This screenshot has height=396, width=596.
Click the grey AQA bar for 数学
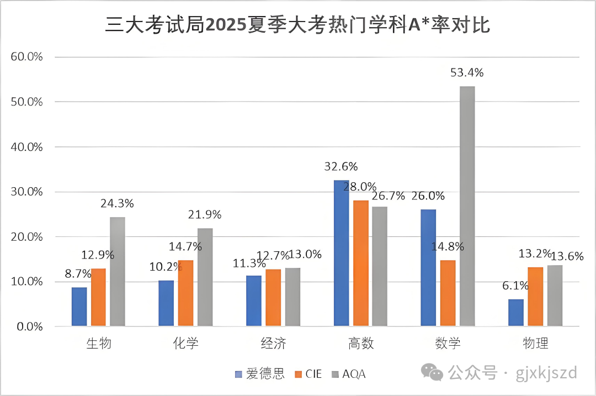point(467,206)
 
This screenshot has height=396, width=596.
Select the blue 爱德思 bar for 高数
point(342,253)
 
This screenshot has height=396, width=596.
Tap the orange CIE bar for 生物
point(98,297)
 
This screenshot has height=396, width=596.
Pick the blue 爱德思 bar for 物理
point(516,313)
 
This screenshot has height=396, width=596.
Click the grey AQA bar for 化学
point(205,277)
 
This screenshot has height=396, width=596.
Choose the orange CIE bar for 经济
point(273,298)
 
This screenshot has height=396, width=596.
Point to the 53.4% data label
point(467,73)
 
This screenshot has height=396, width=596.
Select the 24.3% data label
point(117,203)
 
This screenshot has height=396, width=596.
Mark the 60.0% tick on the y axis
point(26,57)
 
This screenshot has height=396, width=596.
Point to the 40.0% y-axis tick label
point(26,147)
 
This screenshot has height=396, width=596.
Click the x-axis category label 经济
point(273,344)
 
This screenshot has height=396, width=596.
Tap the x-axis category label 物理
point(535,344)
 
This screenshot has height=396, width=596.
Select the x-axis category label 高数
point(361,344)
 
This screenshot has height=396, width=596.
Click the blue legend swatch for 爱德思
point(238,374)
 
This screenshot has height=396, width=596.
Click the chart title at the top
point(297,25)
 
